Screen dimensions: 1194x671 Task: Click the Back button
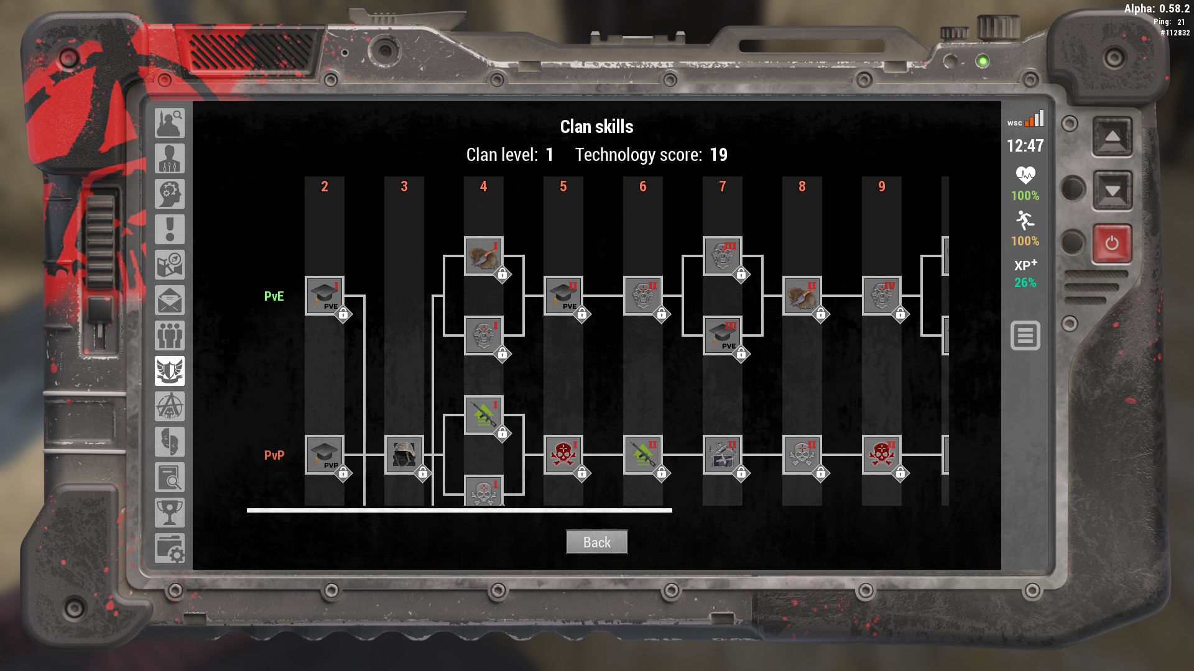[x=596, y=542]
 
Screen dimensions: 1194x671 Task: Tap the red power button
[x=1112, y=243]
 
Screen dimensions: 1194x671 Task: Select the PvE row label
[x=274, y=296]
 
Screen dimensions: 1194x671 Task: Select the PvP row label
[x=274, y=455]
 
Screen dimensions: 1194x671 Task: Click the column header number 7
[x=722, y=186]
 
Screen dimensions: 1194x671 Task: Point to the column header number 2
[x=324, y=186]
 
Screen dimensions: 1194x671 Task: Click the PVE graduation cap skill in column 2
[x=324, y=296]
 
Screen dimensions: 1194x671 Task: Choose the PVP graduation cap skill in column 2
[x=324, y=455]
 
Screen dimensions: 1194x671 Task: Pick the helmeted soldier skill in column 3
[x=404, y=455]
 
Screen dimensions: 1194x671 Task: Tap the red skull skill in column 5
[x=563, y=455]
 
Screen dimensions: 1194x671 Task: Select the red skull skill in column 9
[x=881, y=455]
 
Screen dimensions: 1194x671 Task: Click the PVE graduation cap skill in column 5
[x=563, y=296]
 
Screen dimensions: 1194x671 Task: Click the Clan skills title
[x=596, y=127]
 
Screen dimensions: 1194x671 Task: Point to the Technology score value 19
[x=718, y=155]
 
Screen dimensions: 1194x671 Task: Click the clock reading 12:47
[x=1025, y=146]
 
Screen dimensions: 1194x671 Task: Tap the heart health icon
[x=1025, y=175]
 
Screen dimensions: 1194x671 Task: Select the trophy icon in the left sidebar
[x=169, y=513]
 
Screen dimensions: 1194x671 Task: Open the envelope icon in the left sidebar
[x=169, y=301]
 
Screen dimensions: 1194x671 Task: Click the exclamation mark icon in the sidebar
[x=169, y=229]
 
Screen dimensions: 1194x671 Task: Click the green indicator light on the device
[x=983, y=61]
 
